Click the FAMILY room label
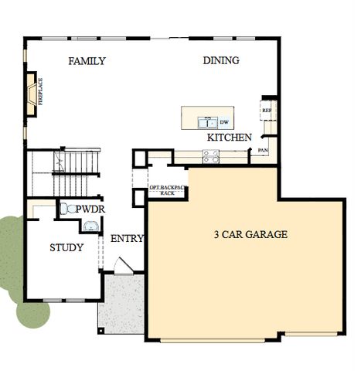87,61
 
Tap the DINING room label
221,60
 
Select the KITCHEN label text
229,138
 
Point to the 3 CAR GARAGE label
250,234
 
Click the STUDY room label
66,248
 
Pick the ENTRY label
127,239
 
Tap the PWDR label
90,209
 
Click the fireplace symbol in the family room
32,94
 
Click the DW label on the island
224,122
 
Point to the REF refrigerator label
267,111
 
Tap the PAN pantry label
263,150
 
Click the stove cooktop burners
210,156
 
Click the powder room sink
91,226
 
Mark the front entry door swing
122,266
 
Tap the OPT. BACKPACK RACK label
167,190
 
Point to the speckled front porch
121,305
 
